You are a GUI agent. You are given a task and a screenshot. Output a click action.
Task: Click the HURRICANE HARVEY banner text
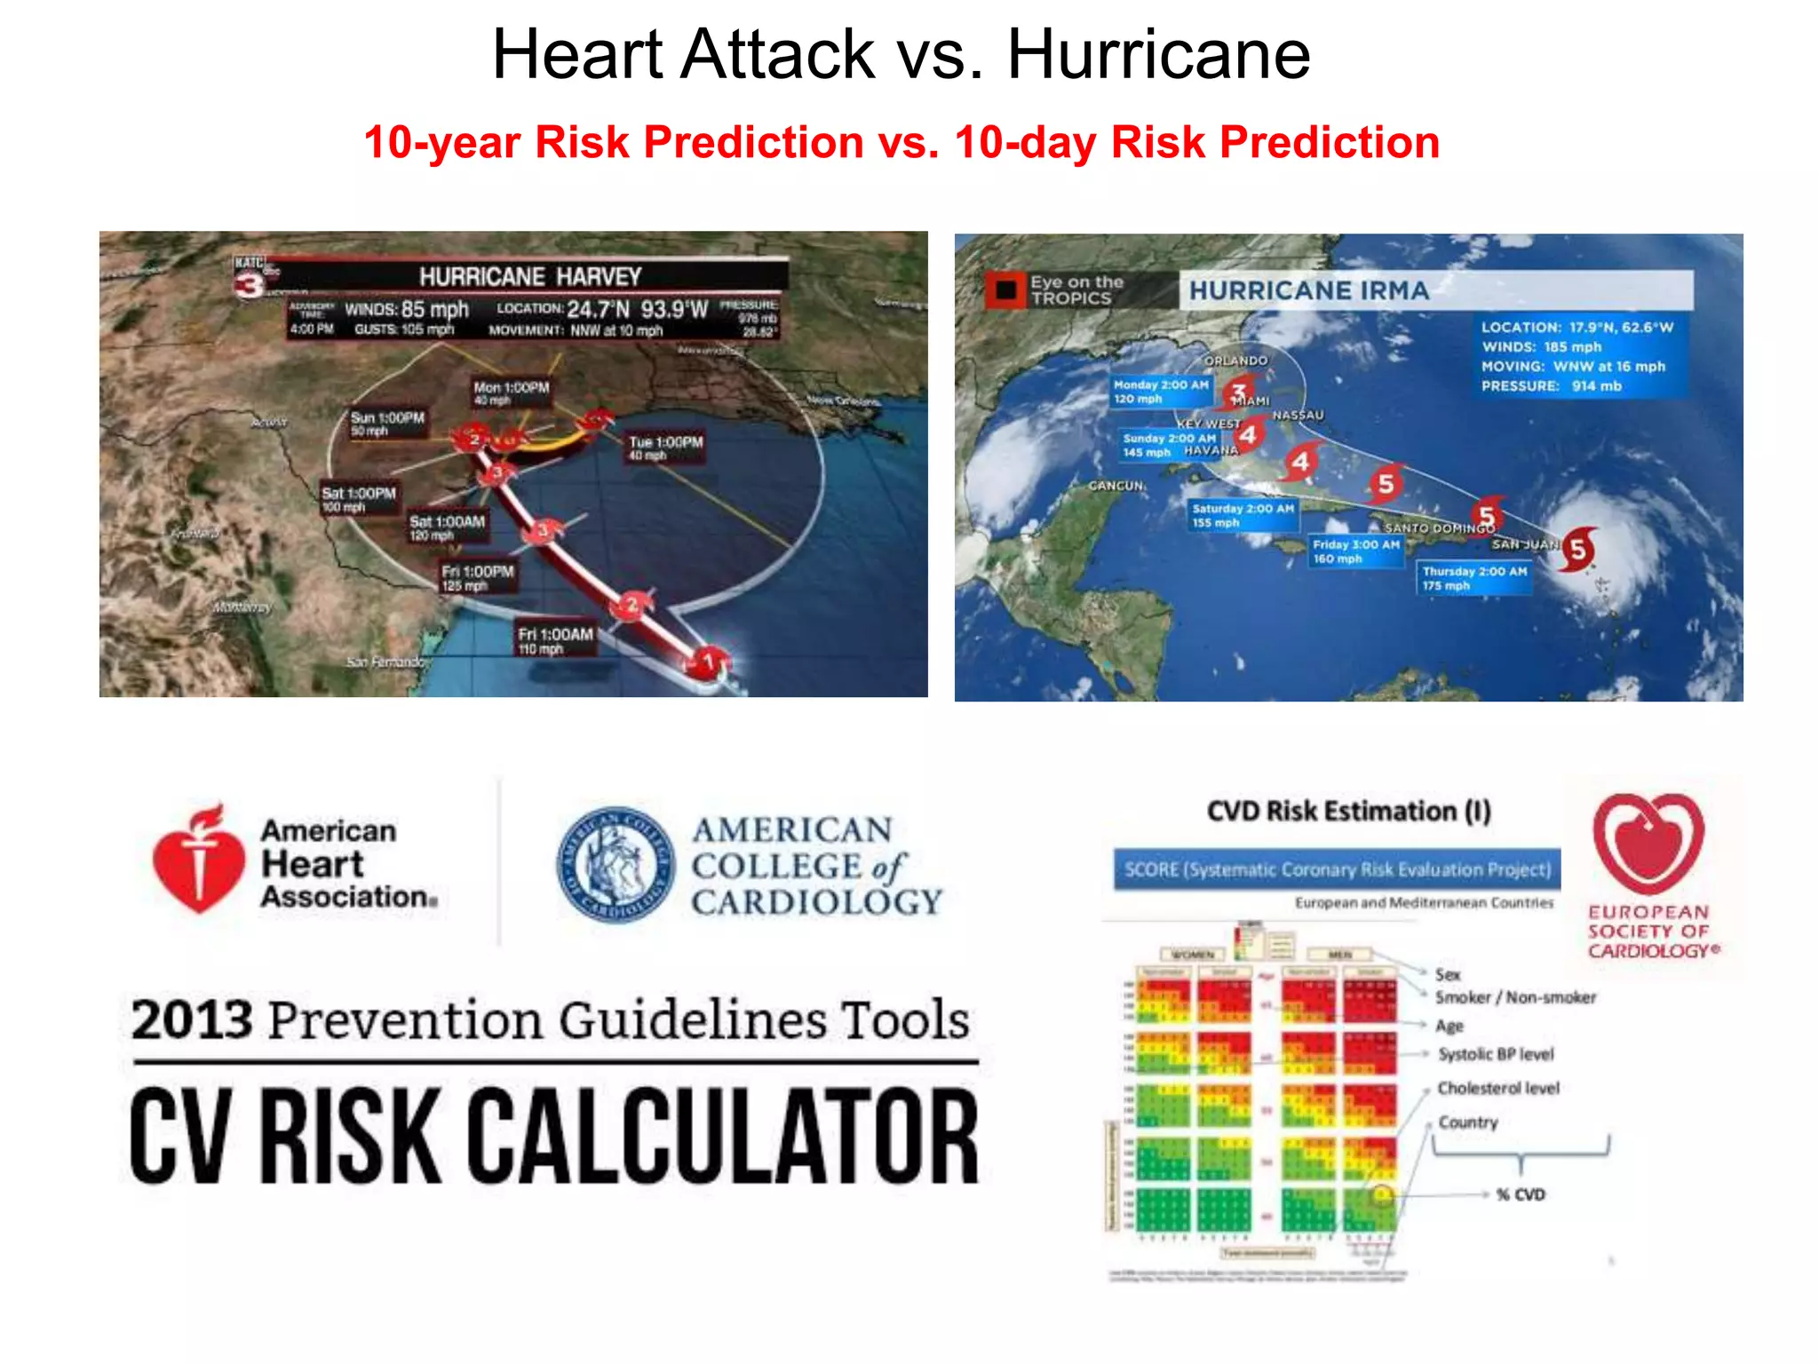(530, 276)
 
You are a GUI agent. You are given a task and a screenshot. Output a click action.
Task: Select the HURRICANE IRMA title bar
(1434, 290)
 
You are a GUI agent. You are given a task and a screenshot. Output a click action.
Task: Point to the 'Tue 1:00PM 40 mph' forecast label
(665, 448)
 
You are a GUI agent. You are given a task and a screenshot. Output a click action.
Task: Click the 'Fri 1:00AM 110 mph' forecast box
(554, 640)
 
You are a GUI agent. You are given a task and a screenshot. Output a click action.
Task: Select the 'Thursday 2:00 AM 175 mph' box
(1473, 578)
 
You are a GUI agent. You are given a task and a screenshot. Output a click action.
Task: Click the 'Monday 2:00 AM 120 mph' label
(1161, 392)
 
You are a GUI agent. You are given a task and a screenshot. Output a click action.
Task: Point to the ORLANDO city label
(1235, 361)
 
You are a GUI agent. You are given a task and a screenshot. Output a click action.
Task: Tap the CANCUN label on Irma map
(1116, 486)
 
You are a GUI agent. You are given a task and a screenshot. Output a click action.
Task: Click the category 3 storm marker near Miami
(1238, 392)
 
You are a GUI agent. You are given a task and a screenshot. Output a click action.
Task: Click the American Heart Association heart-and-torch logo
(198, 860)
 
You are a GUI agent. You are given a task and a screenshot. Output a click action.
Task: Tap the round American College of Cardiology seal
(615, 864)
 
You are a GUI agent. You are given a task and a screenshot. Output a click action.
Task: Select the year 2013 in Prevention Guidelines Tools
(191, 1019)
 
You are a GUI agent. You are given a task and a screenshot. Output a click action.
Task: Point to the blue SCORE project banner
(1337, 869)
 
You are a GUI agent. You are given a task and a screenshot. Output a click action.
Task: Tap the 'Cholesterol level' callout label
(1497, 1088)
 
